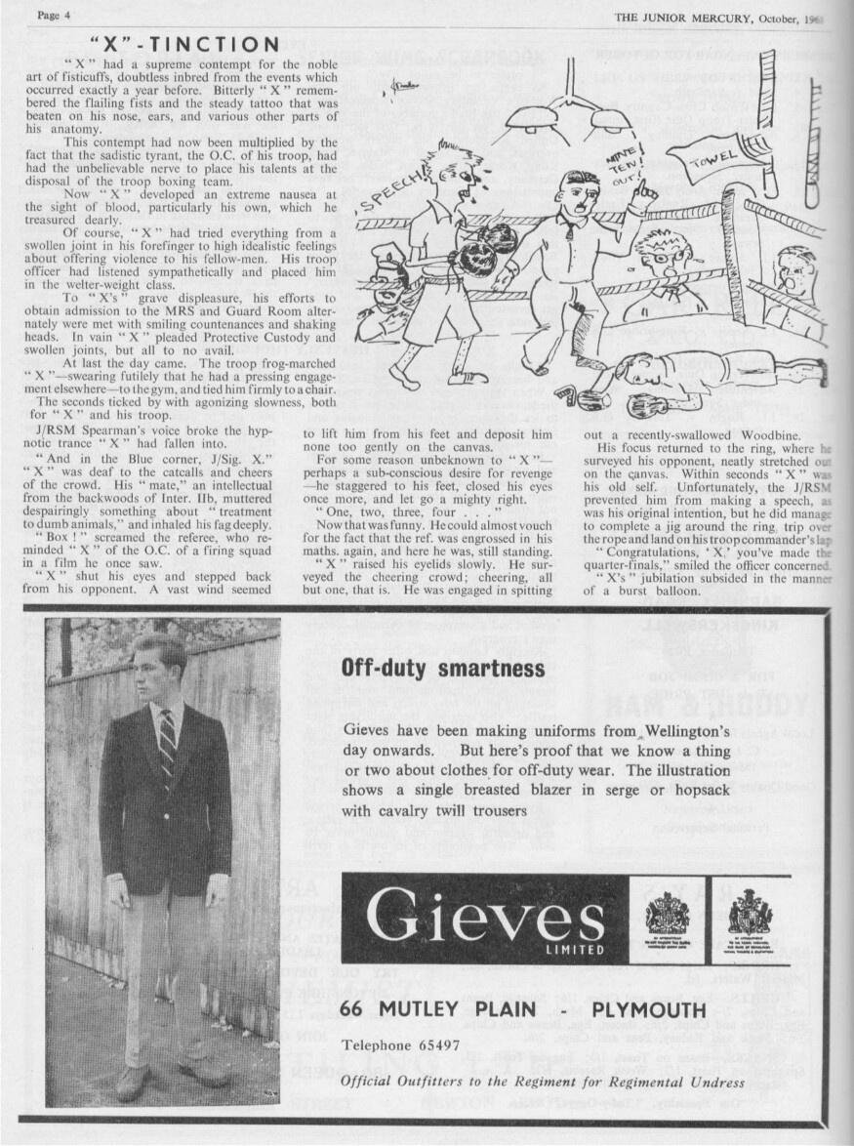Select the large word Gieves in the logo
[485, 918]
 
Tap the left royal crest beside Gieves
[668, 916]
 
